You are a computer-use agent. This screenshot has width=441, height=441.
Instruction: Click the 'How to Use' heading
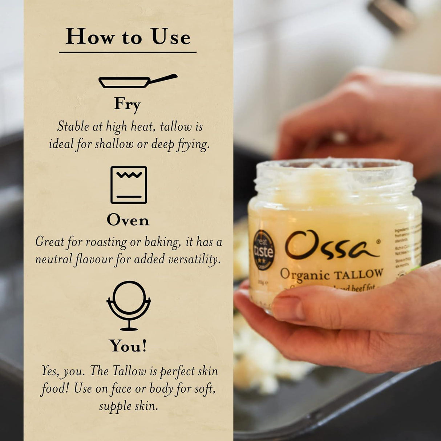pyautogui.click(x=128, y=37)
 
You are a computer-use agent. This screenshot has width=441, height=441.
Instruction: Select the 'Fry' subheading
pyautogui.click(x=127, y=104)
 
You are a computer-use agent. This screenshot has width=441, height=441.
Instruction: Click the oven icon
pyautogui.click(x=129, y=185)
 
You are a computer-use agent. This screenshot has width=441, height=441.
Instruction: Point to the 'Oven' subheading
pyautogui.click(x=128, y=220)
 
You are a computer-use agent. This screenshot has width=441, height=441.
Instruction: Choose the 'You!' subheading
pyautogui.click(x=128, y=346)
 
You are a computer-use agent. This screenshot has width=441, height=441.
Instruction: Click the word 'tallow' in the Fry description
pyautogui.click(x=176, y=127)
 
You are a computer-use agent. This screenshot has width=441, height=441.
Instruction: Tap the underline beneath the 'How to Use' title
pyautogui.click(x=128, y=53)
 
